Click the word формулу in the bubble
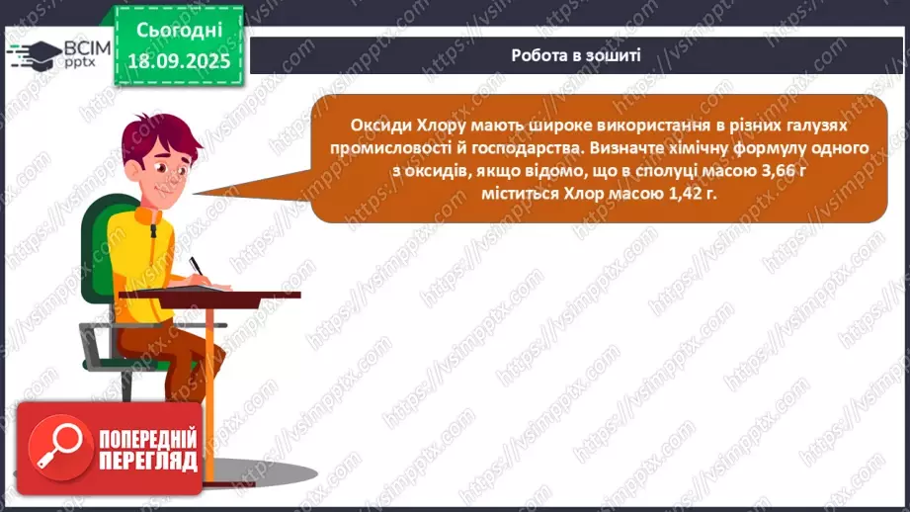tap(765, 148)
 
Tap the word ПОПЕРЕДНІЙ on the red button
tap(146, 438)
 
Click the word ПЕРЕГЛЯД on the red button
tap(146, 461)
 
